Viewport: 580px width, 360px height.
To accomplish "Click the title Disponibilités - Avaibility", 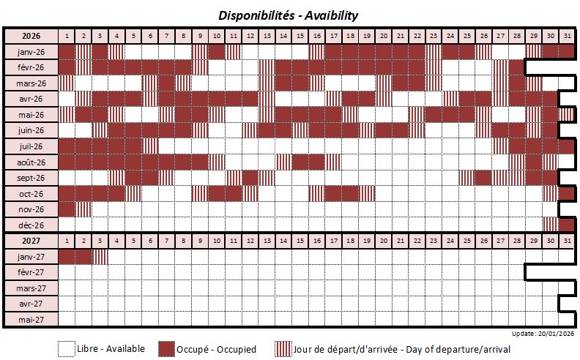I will click(x=288, y=15).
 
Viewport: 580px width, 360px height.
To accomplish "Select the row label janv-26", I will click(x=31, y=52).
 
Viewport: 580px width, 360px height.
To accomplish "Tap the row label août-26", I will click(x=31, y=162).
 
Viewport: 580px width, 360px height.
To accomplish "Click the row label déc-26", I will click(x=31, y=225).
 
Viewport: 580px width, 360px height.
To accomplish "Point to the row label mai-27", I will click(x=31, y=318).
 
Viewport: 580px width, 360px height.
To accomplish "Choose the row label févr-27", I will click(x=31, y=271).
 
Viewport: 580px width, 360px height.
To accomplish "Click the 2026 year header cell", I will click(x=31, y=36).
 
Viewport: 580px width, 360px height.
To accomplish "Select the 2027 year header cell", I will click(x=31, y=240).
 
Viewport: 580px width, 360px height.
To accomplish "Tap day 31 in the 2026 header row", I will click(x=567, y=36).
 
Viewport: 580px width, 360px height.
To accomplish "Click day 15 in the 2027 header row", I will click(x=300, y=240).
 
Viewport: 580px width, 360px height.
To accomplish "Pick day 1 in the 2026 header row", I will click(x=67, y=36).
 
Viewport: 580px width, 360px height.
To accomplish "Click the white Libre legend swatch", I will click(x=67, y=349).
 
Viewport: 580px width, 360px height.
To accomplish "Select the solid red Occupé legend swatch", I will click(x=166, y=349).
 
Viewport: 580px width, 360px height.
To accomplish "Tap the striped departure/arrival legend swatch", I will click(x=283, y=349).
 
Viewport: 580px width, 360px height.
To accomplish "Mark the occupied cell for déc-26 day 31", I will click(x=567, y=225).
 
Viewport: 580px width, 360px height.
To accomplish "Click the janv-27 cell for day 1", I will click(x=67, y=256).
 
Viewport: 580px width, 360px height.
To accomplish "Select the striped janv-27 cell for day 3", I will click(x=100, y=256).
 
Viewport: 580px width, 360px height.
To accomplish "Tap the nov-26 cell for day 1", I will click(x=67, y=209).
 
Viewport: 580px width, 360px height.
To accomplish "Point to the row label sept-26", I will click(x=31, y=178).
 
